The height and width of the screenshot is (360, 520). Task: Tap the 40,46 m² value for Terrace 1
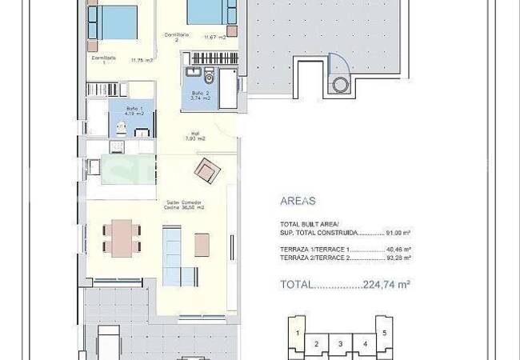[397, 250]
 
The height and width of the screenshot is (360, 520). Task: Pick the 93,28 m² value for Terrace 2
[397, 258]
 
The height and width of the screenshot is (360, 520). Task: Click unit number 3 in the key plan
[341, 345]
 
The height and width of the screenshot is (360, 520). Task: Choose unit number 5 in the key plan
[385, 332]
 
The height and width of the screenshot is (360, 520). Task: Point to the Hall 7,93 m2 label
[194, 137]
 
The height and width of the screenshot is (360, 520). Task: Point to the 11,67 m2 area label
[216, 37]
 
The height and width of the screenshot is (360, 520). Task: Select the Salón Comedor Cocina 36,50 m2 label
[186, 205]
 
